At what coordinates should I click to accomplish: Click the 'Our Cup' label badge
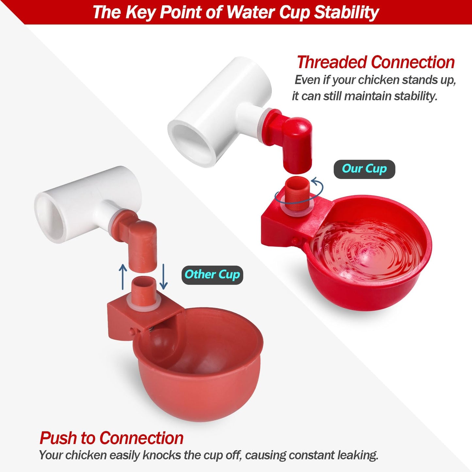(x=365, y=169)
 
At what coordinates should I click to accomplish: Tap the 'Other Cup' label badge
(x=212, y=275)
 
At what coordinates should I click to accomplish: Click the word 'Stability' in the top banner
(x=347, y=12)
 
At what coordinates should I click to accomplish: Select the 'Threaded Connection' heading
(x=376, y=62)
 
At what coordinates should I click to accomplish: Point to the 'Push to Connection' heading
(x=111, y=438)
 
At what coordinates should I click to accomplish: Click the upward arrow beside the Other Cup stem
(x=123, y=277)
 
